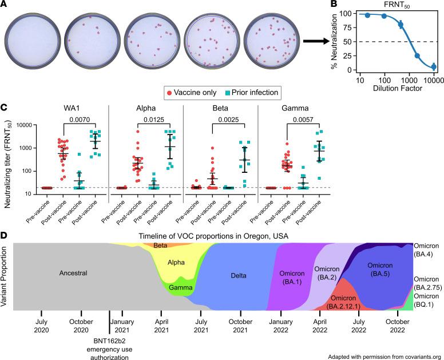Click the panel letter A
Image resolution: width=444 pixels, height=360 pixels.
coord(5,5)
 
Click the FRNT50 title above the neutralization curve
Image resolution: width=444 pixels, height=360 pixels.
coord(390,5)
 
